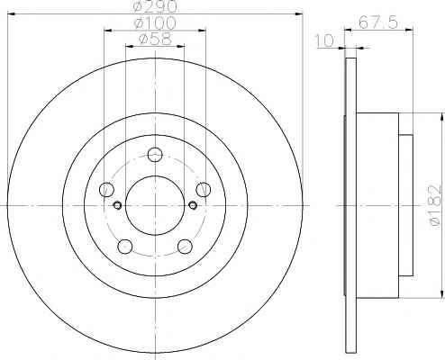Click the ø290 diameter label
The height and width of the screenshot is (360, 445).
[x=154, y=6]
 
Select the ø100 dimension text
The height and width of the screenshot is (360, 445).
[x=155, y=23]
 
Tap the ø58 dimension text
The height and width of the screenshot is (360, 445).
[x=155, y=39]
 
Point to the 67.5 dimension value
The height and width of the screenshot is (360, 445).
[x=378, y=22]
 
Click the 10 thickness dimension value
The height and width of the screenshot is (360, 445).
[x=324, y=40]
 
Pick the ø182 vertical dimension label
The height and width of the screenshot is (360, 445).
[x=436, y=207]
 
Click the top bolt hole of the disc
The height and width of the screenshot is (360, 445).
[x=155, y=155]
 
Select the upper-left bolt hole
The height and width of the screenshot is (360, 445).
[x=106, y=190]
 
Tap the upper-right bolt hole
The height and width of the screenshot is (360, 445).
[x=204, y=190]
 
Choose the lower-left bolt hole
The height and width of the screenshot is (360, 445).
[x=125, y=247]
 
